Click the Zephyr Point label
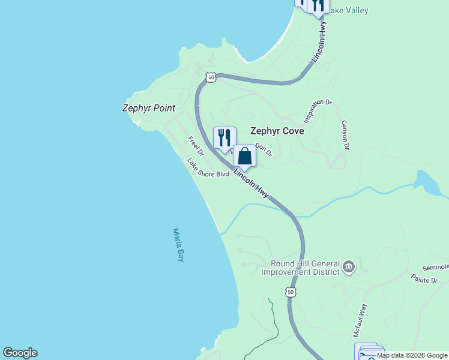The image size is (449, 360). click(x=148, y=109)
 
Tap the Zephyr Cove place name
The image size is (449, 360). click(x=277, y=131)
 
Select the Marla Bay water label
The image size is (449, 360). click(x=178, y=244)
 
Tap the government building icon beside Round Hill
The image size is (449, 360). click(x=349, y=266)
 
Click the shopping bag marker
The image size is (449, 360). click(x=244, y=156)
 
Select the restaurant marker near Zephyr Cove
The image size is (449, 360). click(x=224, y=137)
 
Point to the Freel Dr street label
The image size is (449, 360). click(x=196, y=146)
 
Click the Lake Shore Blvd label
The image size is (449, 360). click(x=208, y=170)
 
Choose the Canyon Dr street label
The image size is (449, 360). click(x=345, y=135)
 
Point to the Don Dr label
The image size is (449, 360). click(x=264, y=149)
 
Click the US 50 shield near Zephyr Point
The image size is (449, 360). click(x=210, y=77)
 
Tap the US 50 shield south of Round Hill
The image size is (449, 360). click(x=291, y=292)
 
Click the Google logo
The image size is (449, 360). click(x=20, y=353)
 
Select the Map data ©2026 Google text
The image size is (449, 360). click(x=412, y=355)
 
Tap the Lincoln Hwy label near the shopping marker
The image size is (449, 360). click(x=251, y=182)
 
